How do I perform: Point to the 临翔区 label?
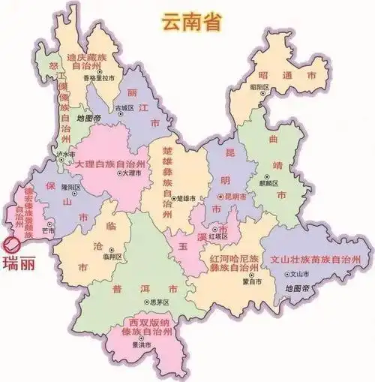click(112, 255)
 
